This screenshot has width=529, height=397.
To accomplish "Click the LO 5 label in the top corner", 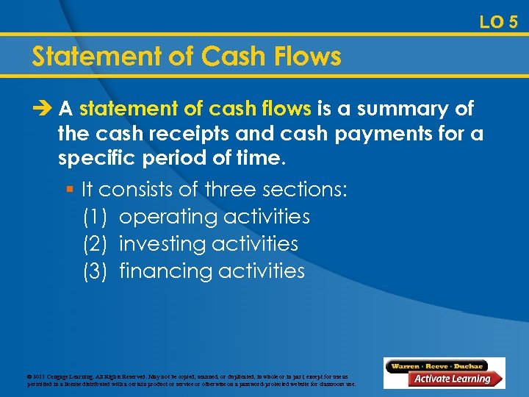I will [x=498, y=22].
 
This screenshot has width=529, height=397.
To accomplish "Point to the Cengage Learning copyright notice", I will [x=192, y=379].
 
